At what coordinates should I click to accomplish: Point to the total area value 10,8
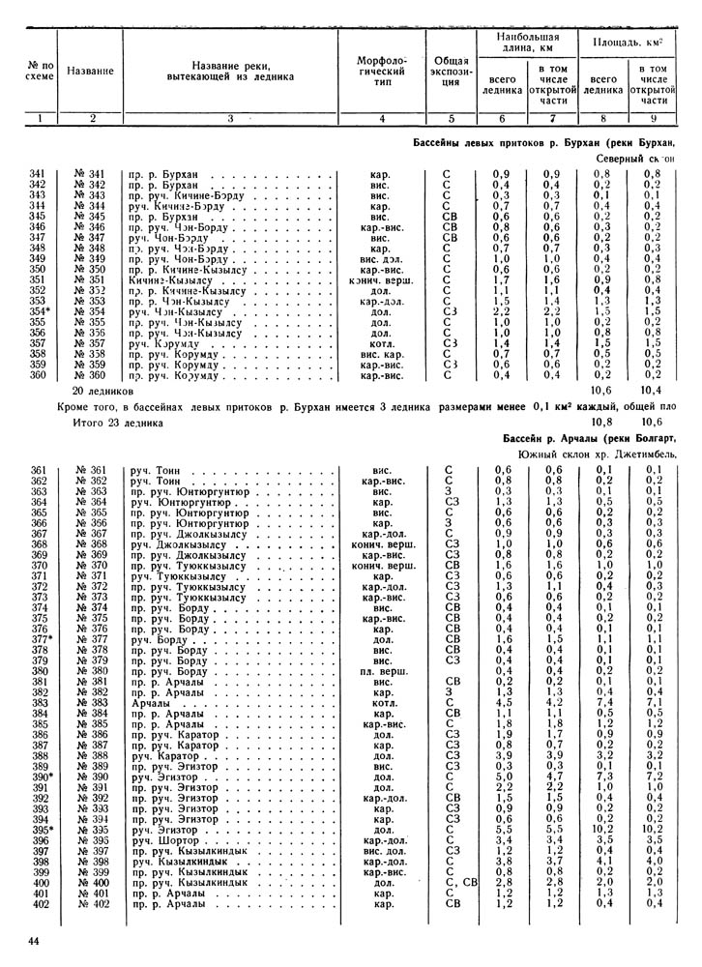(601, 422)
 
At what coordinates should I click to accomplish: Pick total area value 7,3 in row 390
(601, 776)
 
